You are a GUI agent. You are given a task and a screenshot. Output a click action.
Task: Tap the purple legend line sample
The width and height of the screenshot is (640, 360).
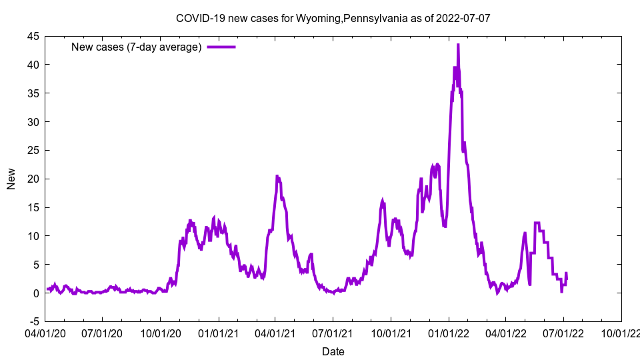click(221, 47)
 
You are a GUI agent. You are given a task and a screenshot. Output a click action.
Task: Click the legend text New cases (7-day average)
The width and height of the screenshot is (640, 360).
click(137, 47)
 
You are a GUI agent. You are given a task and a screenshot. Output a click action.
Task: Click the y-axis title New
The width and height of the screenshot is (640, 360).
click(11, 179)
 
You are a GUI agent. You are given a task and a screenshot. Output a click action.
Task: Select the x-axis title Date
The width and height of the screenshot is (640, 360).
click(333, 351)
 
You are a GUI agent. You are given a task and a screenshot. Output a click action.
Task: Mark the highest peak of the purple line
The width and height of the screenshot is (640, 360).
click(458, 45)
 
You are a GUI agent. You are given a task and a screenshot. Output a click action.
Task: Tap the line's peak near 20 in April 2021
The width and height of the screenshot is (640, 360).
click(277, 176)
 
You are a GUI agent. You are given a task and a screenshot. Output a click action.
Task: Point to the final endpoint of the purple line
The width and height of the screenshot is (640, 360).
click(567, 278)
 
